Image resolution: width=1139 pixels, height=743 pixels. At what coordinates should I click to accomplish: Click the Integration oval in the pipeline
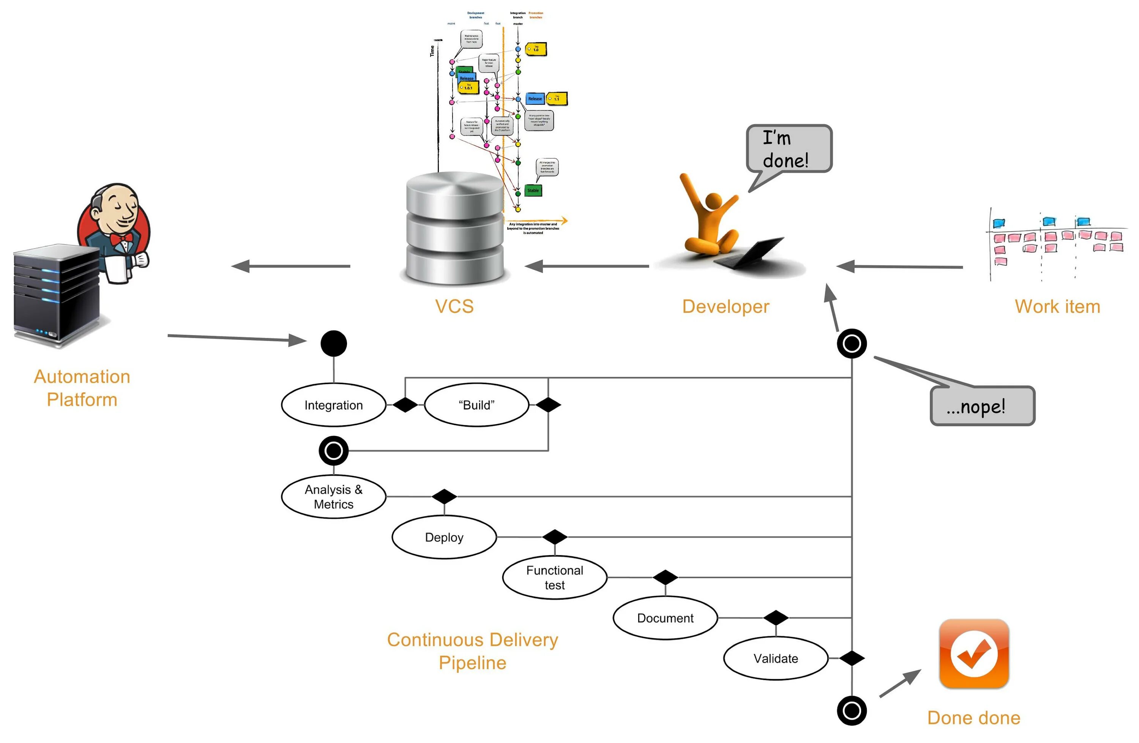334,405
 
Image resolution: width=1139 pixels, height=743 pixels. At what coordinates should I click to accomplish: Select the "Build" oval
476,405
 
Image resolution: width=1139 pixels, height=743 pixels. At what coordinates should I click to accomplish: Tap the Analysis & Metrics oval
334,497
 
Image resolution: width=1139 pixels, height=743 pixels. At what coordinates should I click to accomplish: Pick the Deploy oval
444,537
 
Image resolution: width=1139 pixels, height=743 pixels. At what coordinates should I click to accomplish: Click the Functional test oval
555,577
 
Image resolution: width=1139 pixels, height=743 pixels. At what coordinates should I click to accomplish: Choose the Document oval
665,618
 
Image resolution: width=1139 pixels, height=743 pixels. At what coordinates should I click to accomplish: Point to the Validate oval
776,658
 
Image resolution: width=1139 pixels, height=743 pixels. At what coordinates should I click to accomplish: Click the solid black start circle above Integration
334,344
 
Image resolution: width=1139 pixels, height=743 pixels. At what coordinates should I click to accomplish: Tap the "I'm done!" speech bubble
789,149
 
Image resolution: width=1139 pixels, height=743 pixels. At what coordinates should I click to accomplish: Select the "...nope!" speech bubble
982,406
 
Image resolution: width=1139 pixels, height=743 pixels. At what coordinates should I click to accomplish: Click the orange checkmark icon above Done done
974,653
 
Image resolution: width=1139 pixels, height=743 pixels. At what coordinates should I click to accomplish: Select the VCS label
454,306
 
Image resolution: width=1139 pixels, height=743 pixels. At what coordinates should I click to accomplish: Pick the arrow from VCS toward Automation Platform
290,266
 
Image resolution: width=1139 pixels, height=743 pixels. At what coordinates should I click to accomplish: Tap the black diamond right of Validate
852,658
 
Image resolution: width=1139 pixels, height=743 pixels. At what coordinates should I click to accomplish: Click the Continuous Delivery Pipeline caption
472,651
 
